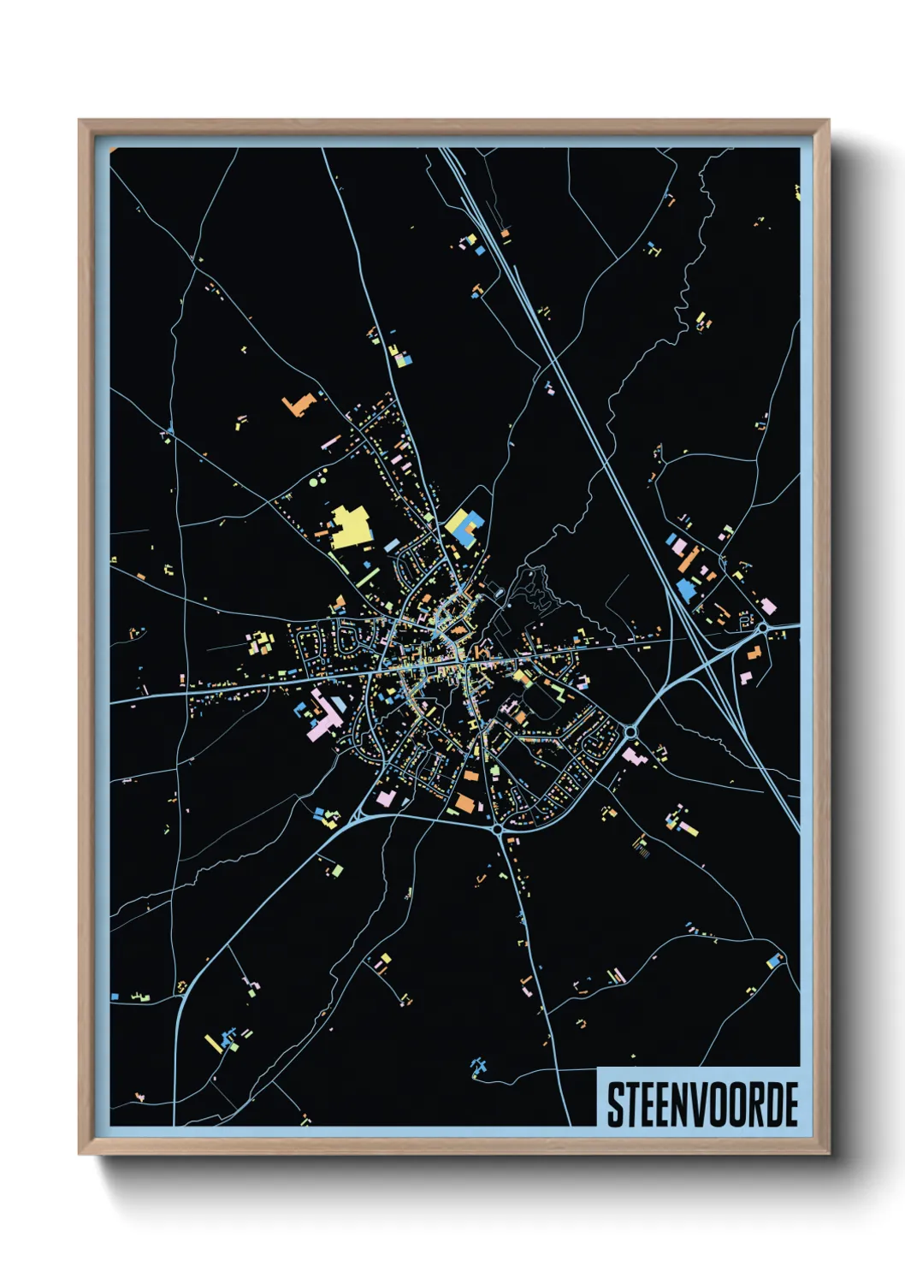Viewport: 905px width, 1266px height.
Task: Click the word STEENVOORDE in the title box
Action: [x=701, y=1104]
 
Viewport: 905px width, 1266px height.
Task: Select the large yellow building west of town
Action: [x=349, y=528]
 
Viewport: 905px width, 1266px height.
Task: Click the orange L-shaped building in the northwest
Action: [x=298, y=404]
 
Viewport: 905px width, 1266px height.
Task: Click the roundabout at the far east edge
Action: [x=761, y=628]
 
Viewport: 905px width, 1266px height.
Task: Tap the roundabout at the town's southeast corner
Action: [x=631, y=731]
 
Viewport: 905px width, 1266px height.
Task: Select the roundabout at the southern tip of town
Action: [x=497, y=828]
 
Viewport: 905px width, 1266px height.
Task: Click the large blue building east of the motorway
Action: [x=686, y=590]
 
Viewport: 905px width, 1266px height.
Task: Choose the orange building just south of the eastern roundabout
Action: [x=753, y=654]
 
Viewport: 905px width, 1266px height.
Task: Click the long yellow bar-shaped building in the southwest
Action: [x=213, y=1044]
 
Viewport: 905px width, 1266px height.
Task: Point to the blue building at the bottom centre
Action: [x=479, y=1066]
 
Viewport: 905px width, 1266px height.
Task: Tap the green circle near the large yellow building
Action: [x=313, y=482]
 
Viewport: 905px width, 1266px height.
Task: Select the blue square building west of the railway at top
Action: [x=480, y=251]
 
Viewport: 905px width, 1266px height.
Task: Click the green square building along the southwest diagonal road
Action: [x=338, y=870]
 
